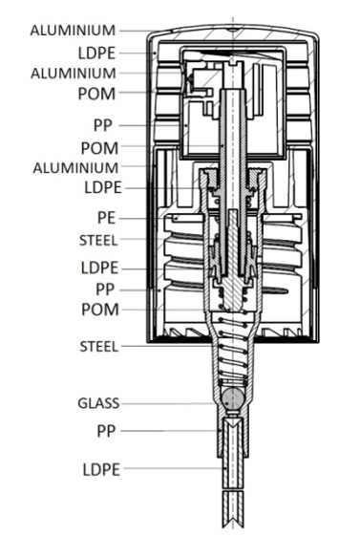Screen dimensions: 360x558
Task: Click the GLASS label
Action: (98, 403)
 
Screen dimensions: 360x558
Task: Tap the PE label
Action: (106, 218)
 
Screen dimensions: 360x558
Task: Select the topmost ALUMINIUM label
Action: (73, 31)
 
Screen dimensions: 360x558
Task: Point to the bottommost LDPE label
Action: (101, 470)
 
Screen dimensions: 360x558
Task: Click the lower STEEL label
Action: (98, 347)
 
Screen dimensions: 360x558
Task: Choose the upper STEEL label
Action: (98, 241)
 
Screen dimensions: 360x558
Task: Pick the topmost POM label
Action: (96, 95)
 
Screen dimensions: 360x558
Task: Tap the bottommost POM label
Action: (100, 310)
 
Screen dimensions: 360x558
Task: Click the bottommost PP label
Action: (106, 431)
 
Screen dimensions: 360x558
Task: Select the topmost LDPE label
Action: (96, 54)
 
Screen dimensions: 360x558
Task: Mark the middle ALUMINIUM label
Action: (74, 74)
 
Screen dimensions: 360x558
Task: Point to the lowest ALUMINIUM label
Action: (75, 168)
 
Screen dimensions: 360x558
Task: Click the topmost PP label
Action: (103, 125)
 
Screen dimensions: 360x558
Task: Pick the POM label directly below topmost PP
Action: (99, 148)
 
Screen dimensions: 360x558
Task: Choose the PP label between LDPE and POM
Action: (105, 290)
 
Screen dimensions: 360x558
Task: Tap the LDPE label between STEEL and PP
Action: (99, 268)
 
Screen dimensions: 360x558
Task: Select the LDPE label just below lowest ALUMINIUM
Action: (103, 187)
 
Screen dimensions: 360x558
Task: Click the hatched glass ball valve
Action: (233, 398)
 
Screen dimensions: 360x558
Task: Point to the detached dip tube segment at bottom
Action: (233, 509)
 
